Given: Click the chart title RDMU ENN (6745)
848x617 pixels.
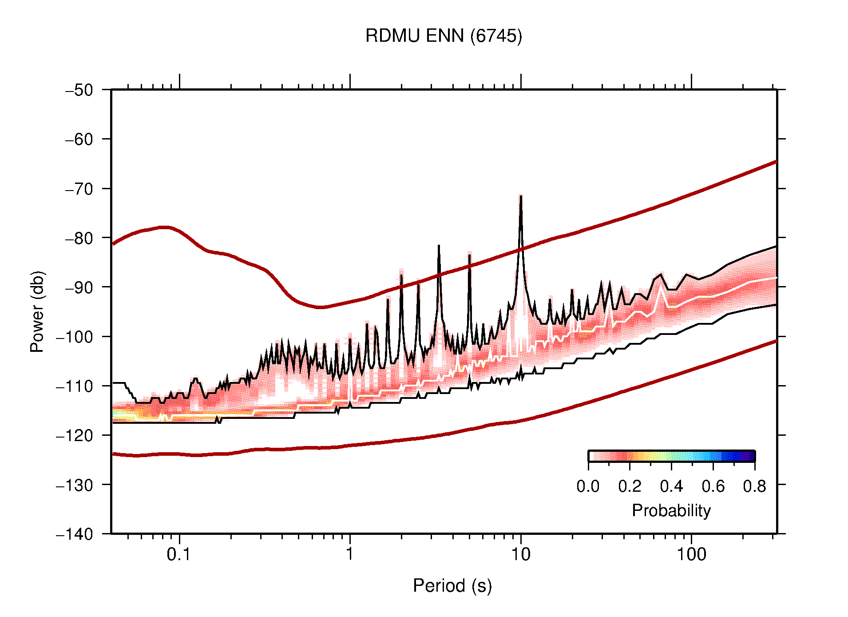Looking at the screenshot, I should coord(444,36).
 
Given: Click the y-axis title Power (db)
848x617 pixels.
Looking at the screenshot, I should coord(37,311).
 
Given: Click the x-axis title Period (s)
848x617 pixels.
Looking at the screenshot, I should coord(452,585).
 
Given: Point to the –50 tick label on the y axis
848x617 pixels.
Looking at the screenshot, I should coord(79,90).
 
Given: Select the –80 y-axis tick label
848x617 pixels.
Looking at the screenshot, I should coord(79,238).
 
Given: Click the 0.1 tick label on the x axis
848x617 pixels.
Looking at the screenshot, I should coord(178,554).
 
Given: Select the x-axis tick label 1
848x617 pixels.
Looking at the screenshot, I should coord(350,554).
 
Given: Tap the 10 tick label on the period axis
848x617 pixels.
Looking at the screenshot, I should coord(520,554).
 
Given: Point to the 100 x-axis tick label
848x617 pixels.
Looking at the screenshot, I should coord(691,554).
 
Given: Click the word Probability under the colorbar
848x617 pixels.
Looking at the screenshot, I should coord(671,510).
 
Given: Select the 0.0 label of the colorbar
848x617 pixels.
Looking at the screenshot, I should coord(588,486).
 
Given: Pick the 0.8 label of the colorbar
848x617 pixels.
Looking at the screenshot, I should coord(754,486).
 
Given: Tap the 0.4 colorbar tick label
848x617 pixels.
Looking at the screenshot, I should coord(671,486).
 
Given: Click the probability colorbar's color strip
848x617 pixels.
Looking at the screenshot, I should coord(671,456).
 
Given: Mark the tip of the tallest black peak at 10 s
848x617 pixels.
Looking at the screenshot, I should coord(521,195).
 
